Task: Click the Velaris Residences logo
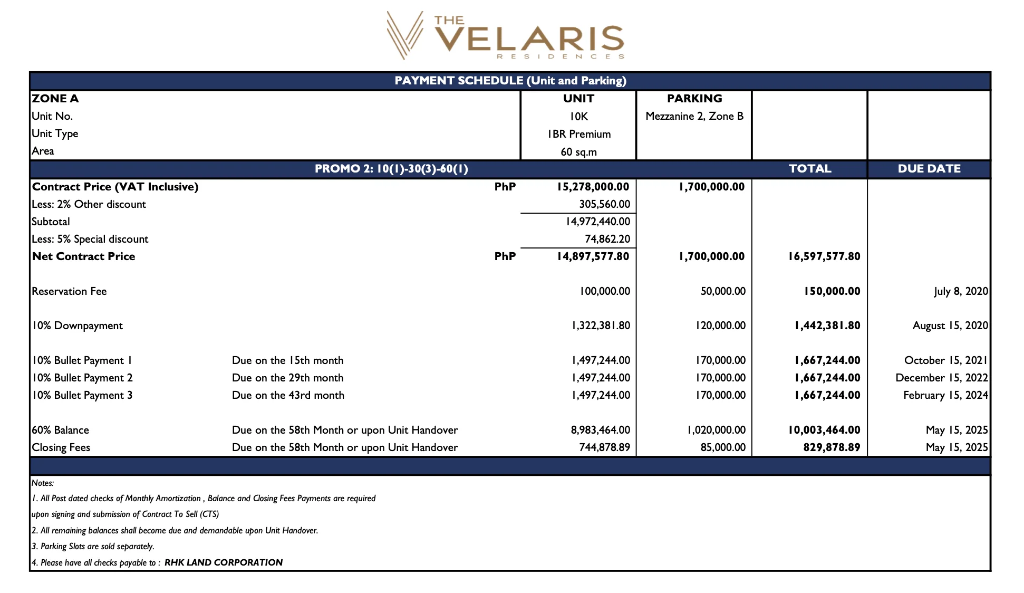click(505, 36)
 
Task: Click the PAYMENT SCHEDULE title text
click(510, 81)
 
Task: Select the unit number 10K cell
click(578, 117)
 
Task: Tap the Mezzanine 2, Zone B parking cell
click(694, 116)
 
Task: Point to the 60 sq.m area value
click(578, 152)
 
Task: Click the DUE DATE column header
click(929, 169)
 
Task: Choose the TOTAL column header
click(809, 169)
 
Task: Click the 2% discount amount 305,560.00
click(604, 204)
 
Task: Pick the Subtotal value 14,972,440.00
click(597, 222)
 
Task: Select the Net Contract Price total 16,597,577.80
click(824, 256)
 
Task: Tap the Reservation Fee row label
click(69, 291)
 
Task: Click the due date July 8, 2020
click(960, 291)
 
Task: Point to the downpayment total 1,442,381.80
click(827, 326)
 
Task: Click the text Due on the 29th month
click(287, 378)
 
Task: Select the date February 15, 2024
click(945, 395)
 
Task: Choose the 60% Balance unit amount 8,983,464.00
click(600, 430)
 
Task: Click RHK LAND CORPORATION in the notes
click(223, 562)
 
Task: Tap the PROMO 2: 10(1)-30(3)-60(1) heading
click(391, 169)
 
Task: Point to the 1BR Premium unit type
click(578, 134)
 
